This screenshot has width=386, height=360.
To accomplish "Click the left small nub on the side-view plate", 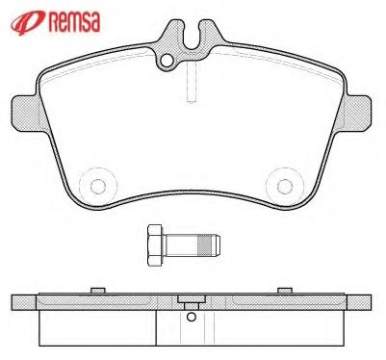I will tap(97, 290).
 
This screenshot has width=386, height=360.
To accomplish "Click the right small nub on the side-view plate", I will tap(284, 290).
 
